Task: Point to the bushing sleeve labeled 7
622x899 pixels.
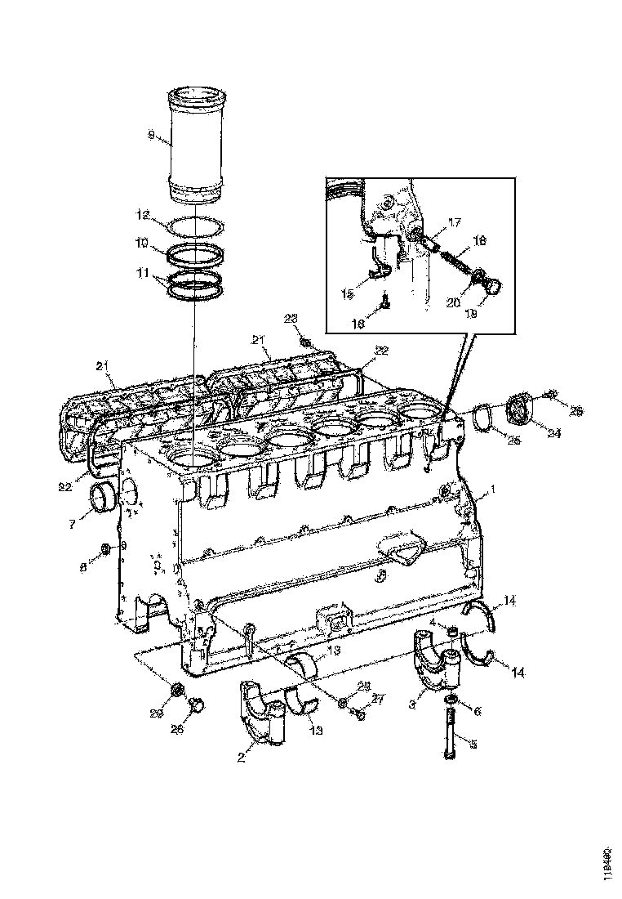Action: tap(104, 498)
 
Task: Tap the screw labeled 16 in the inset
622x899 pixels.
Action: tap(385, 306)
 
